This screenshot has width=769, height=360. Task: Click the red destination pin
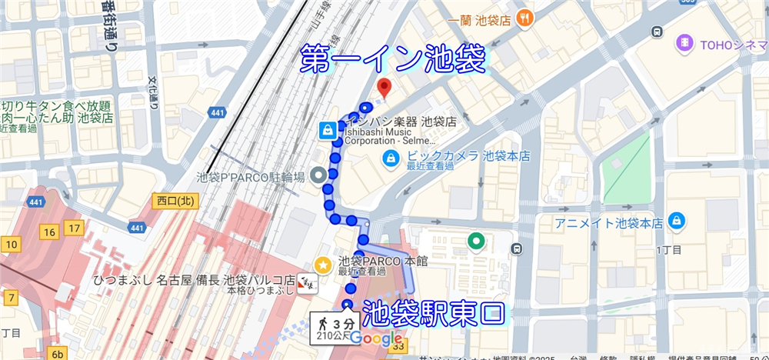coord(385,86)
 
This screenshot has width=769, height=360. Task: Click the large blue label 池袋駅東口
coord(434,315)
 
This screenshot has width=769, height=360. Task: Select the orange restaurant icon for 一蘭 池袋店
coord(525,17)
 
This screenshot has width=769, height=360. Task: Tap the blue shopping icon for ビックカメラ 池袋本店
coord(391,158)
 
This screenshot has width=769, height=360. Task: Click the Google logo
coord(377,338)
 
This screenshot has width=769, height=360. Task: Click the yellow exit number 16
coord(50,232)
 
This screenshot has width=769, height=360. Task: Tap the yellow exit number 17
coord(74,228)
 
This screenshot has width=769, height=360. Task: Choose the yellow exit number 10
coord(12,245)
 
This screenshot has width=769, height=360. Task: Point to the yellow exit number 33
coord(398,347)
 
